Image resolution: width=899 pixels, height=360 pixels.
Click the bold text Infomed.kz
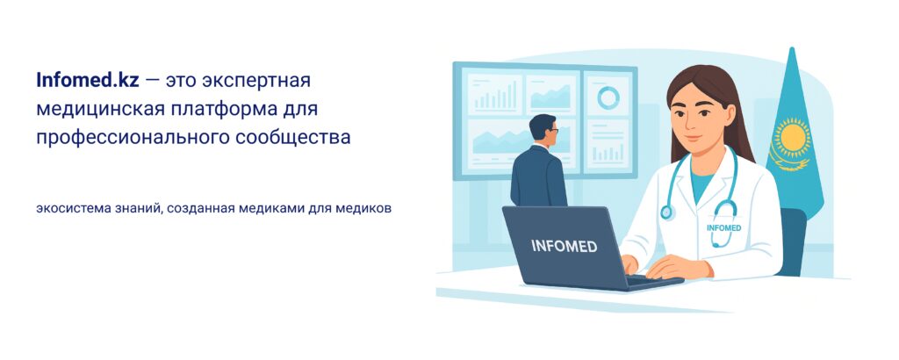88,80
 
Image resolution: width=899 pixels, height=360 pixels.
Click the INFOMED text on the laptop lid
565,247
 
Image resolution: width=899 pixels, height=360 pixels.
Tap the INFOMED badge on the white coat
723,227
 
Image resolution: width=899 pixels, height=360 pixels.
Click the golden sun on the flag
792,138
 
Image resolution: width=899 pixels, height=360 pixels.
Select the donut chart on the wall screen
608,97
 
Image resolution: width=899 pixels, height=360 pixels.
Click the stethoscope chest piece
665,212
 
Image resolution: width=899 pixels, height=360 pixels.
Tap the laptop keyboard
651,280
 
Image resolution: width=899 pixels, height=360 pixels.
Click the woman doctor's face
696,118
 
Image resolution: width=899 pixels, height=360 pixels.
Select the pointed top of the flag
793,48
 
